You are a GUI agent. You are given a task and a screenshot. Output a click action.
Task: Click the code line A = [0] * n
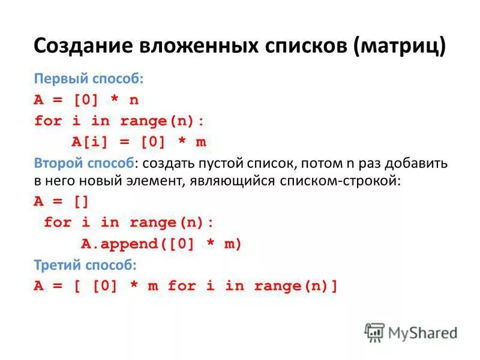pyautogui.click(x=86, y=100)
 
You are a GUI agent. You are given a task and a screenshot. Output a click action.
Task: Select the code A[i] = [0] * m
pyautogui.click(x=139, y=142)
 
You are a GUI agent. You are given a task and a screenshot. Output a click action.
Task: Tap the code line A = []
pyautogui.click(x=61, y=202)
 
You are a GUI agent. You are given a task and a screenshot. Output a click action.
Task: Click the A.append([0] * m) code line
pyautogui.click(x=161, y=244)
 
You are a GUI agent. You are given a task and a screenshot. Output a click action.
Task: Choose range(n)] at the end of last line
pyautogui.click(x=296, y=286)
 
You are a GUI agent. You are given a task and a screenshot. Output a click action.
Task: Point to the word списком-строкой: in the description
pyautogui.click(x=339, y=181)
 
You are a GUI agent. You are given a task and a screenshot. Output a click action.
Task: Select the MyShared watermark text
pyautogui.click(x=424, y=332)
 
